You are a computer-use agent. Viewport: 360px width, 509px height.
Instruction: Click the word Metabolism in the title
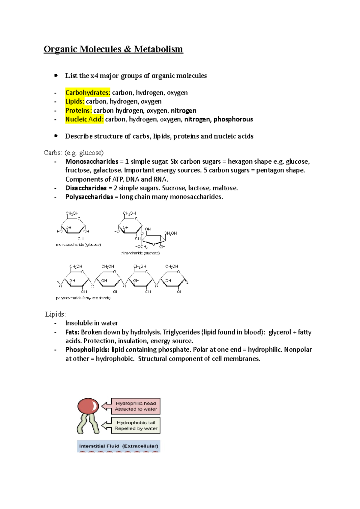[158, 49]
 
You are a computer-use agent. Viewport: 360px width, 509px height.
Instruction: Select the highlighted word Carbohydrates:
[88, 93]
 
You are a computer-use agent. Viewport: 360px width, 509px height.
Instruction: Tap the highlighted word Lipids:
[75, 101]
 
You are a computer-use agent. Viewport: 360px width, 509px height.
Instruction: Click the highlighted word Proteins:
[79, 110]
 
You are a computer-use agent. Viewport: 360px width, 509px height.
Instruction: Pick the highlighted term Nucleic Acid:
[84, 119]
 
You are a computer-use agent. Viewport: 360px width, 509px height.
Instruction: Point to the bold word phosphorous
[233, 119]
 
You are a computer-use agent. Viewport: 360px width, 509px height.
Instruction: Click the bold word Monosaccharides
[92, 162]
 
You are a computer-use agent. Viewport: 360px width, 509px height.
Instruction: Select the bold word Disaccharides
[86, 188]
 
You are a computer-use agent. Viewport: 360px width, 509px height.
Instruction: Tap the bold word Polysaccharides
[89, 197]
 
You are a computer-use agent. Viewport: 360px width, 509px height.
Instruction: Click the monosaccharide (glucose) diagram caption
[78, 245]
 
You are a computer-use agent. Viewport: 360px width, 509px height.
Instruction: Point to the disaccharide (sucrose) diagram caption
[140, 253]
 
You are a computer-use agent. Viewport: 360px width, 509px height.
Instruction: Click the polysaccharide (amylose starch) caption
[83, 298]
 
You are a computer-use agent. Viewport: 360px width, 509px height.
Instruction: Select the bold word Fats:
[72, 332]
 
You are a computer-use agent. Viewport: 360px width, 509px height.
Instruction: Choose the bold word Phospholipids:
[87, 350]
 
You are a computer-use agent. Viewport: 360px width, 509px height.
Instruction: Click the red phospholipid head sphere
[88, 406]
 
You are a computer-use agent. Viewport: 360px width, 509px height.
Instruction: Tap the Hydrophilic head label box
[136, 406]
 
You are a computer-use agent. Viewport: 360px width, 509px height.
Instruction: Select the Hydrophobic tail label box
[136, 425]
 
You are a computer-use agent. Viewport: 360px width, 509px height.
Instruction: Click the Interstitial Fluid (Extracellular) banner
[118, 446]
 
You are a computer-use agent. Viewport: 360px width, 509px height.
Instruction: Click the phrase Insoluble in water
[91, 323]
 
